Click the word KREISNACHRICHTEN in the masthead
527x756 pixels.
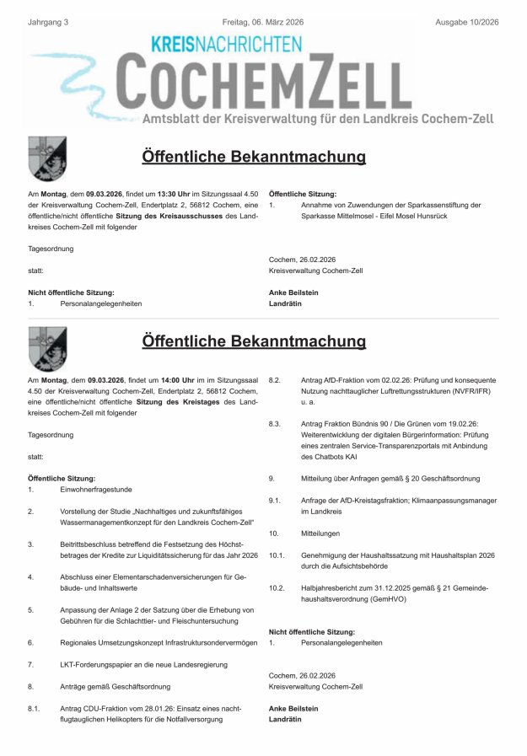pyautogui.click(x=226, y=46)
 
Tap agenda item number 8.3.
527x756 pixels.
pyautogui.click(x=275, y=424)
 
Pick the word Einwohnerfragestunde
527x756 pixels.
pyautogui.click(x=97, y=489)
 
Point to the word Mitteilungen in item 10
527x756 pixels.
pyautogui.click(x=322, y=533)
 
